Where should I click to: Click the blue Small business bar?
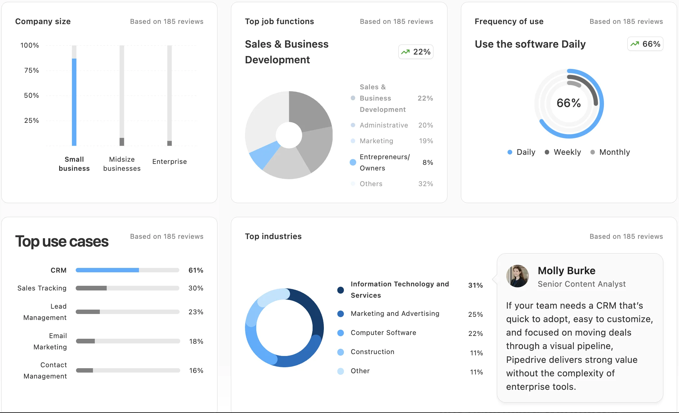point(74,102)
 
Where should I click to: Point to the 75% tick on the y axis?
point(31,71)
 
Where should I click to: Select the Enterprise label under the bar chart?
point(169,162)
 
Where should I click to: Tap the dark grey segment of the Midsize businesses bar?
point(122,142)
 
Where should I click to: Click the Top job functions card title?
point(279,22)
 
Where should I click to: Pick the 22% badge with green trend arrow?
point(416,52)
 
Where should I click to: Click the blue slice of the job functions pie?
point(264,154)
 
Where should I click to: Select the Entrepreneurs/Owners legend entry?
point(384,162)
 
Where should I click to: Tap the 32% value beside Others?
point(426,184)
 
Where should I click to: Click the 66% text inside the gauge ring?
point(569,103)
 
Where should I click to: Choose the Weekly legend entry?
point(563,152)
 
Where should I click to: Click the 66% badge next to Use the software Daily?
point(645,44)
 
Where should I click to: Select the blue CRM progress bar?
point(107,270)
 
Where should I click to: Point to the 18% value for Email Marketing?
point(196,342)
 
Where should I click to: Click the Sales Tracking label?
point(42,288)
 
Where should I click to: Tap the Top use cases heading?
point(62,242)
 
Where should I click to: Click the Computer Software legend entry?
point(383,333)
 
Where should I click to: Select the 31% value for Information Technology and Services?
point(475,285)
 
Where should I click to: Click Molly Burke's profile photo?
point(517,276)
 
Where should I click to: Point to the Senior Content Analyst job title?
point(581,284)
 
